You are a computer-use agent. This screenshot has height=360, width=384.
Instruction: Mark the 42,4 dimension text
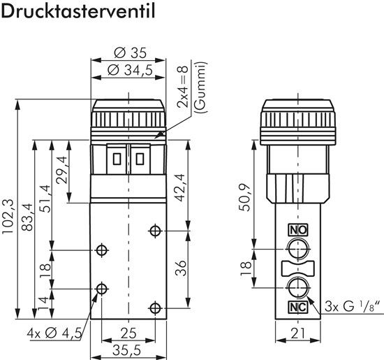[180, 187]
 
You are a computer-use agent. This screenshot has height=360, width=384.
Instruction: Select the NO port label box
[297, 230]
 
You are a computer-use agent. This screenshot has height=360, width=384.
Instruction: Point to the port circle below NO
[297, 247]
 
